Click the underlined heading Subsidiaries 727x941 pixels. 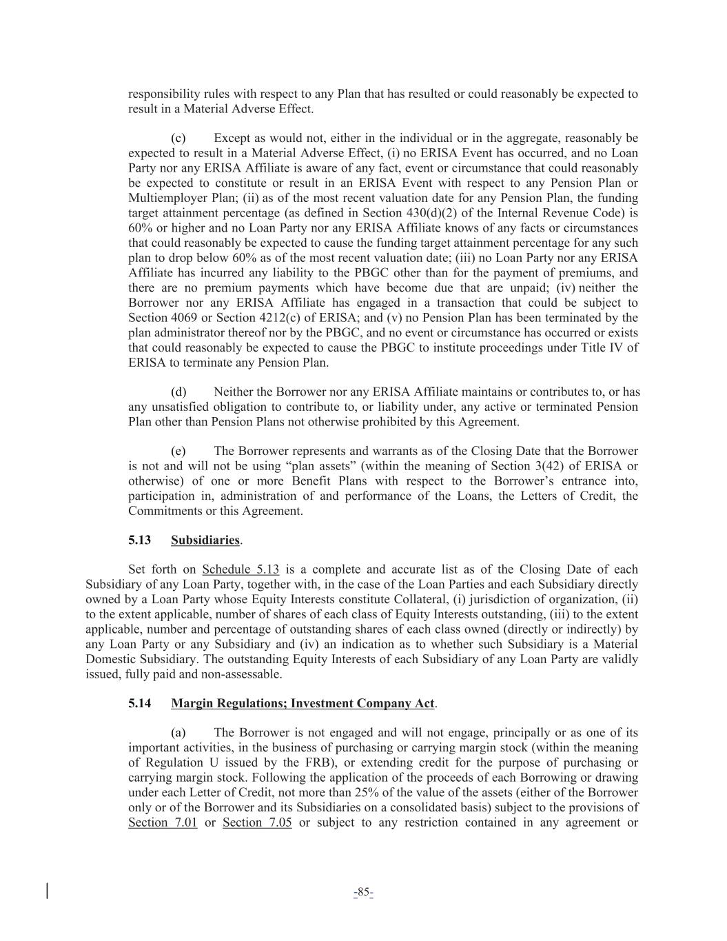(205, 540)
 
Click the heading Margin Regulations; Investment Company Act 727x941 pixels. (303, 704)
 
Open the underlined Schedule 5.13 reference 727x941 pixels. (240, 570)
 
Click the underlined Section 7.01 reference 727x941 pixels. (163, 822)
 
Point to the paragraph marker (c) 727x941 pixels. (178, 139)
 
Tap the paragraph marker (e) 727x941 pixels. (178, 452)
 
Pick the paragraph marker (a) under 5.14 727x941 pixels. (178, 733)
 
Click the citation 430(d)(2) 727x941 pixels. (472, 213)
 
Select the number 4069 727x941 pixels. (183, 318)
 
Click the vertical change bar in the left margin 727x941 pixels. (47, 891)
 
